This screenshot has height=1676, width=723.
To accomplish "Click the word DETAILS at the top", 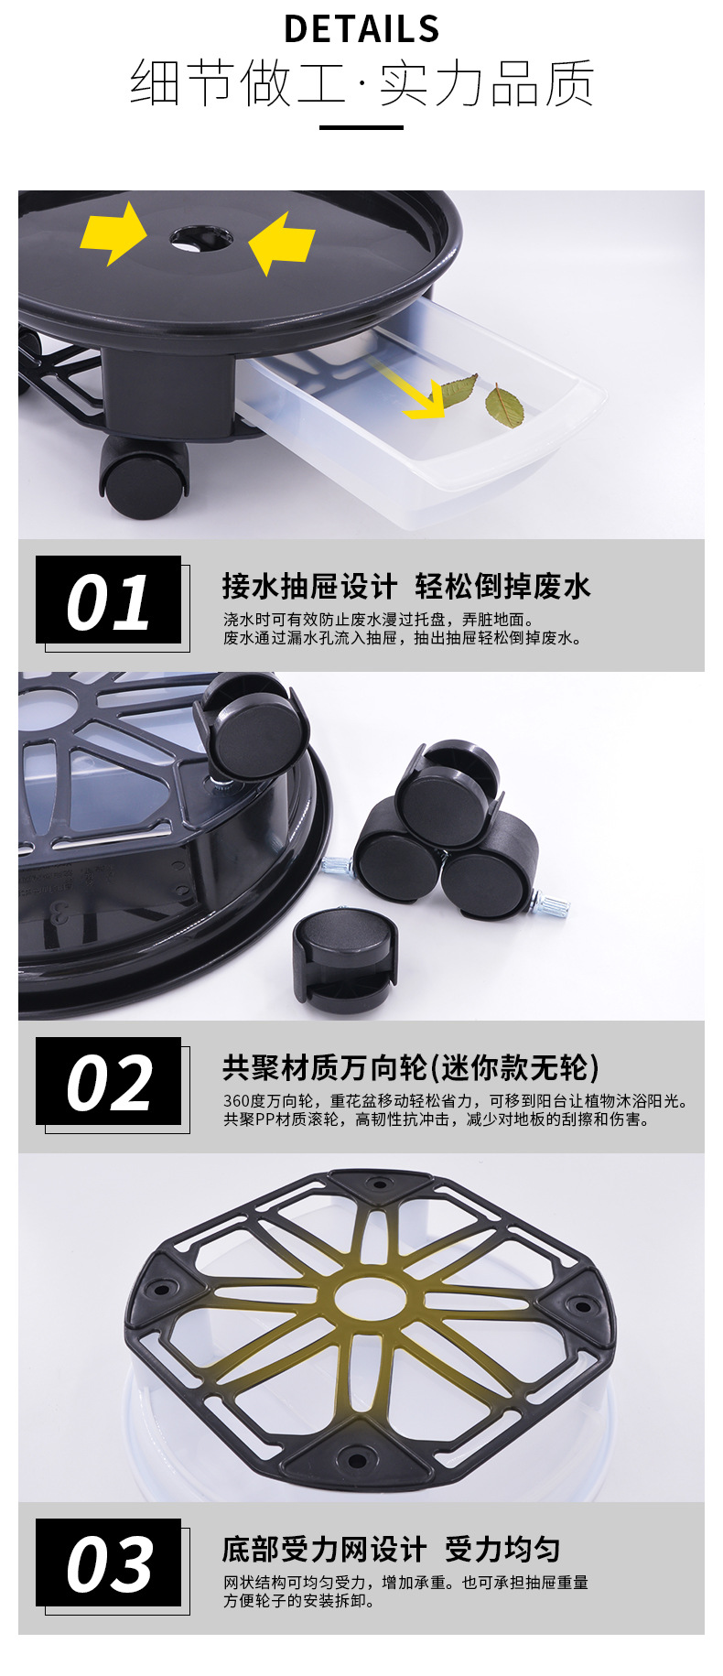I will coord(361,29).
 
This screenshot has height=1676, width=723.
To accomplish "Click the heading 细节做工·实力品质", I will coord(361,83).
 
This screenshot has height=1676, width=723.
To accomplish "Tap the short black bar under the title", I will coord(361,127).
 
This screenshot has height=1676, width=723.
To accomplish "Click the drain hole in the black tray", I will coord(200,240).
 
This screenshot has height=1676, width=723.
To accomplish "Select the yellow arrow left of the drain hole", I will coord(113,234).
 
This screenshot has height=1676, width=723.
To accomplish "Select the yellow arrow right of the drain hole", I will coord(282,243).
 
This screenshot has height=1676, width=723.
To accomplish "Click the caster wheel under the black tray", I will coord(145,477).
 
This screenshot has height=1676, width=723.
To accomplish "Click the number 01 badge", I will coord(109,601).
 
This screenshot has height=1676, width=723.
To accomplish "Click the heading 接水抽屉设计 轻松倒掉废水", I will coord(406,586).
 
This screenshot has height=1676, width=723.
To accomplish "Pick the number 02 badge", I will coord(109,1083).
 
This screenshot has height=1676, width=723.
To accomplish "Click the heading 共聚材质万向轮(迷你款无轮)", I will coord(411,1067).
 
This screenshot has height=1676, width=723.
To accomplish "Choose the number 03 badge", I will coord(109,1564).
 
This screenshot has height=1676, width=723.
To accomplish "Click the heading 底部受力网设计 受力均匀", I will coord(391,1549).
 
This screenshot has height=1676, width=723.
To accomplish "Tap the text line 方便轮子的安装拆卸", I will coord(299,1601).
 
